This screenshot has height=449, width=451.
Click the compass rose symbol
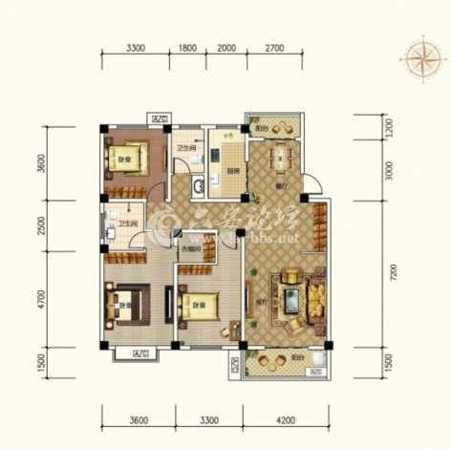pyautogui.click(x=419, y=59)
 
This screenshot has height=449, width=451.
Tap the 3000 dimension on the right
pyautogui.click(x=389, y=170)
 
